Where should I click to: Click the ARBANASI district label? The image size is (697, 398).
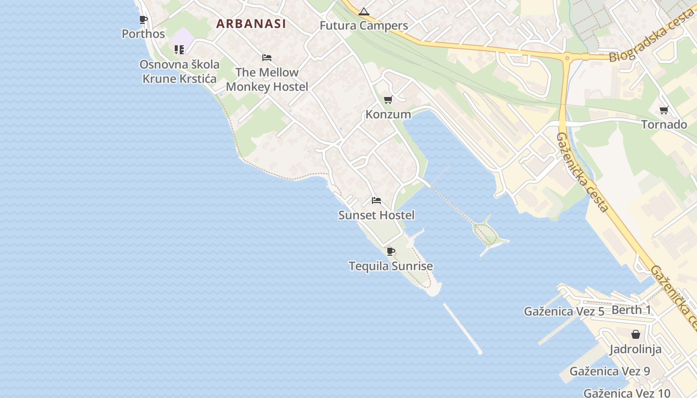pyautogui.click(x=251, y=23)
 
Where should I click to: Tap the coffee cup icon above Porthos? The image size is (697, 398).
pyautogui.click(x=143, y=20)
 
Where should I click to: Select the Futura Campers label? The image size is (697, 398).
pyautogui.click(x=364, y=26)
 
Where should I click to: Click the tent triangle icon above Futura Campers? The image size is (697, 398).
pyautogui.click(x=364, y=11)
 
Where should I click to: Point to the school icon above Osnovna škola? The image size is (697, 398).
pyautogui.click(x=179, y=49)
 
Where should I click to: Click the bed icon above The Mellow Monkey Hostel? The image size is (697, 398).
pyautogui.click(x=267, y=58)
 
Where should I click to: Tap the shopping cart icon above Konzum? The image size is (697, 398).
pyautogui.click(x=388, y=100)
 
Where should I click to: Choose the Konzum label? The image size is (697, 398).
pyautogui.click(x=388, y=114)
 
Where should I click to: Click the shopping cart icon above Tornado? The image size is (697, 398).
pyautogui.click(x=664, y=110)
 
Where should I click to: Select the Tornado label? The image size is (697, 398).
pyautogui.click(x=664, y=124)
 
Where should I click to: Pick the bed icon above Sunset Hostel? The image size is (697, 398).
pyautogui.click(x=376, y=200)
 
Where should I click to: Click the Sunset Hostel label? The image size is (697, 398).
pyautogui.click(x=376, y=215)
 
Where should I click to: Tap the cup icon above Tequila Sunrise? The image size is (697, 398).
pyautogui.click(x=391, y=251)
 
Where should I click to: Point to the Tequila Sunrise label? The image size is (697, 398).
pyautogui.click(x=391, y=266)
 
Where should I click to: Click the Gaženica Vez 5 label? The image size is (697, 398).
pyautogui.click(x=564, y=311)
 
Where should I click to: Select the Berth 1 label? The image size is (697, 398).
pyautogui.click(x=631, y=310)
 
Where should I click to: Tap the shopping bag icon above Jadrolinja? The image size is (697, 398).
pyautogui.click(x=636, y=334)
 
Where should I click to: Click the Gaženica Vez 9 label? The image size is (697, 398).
pyautogui.click(x=610, y=371)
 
